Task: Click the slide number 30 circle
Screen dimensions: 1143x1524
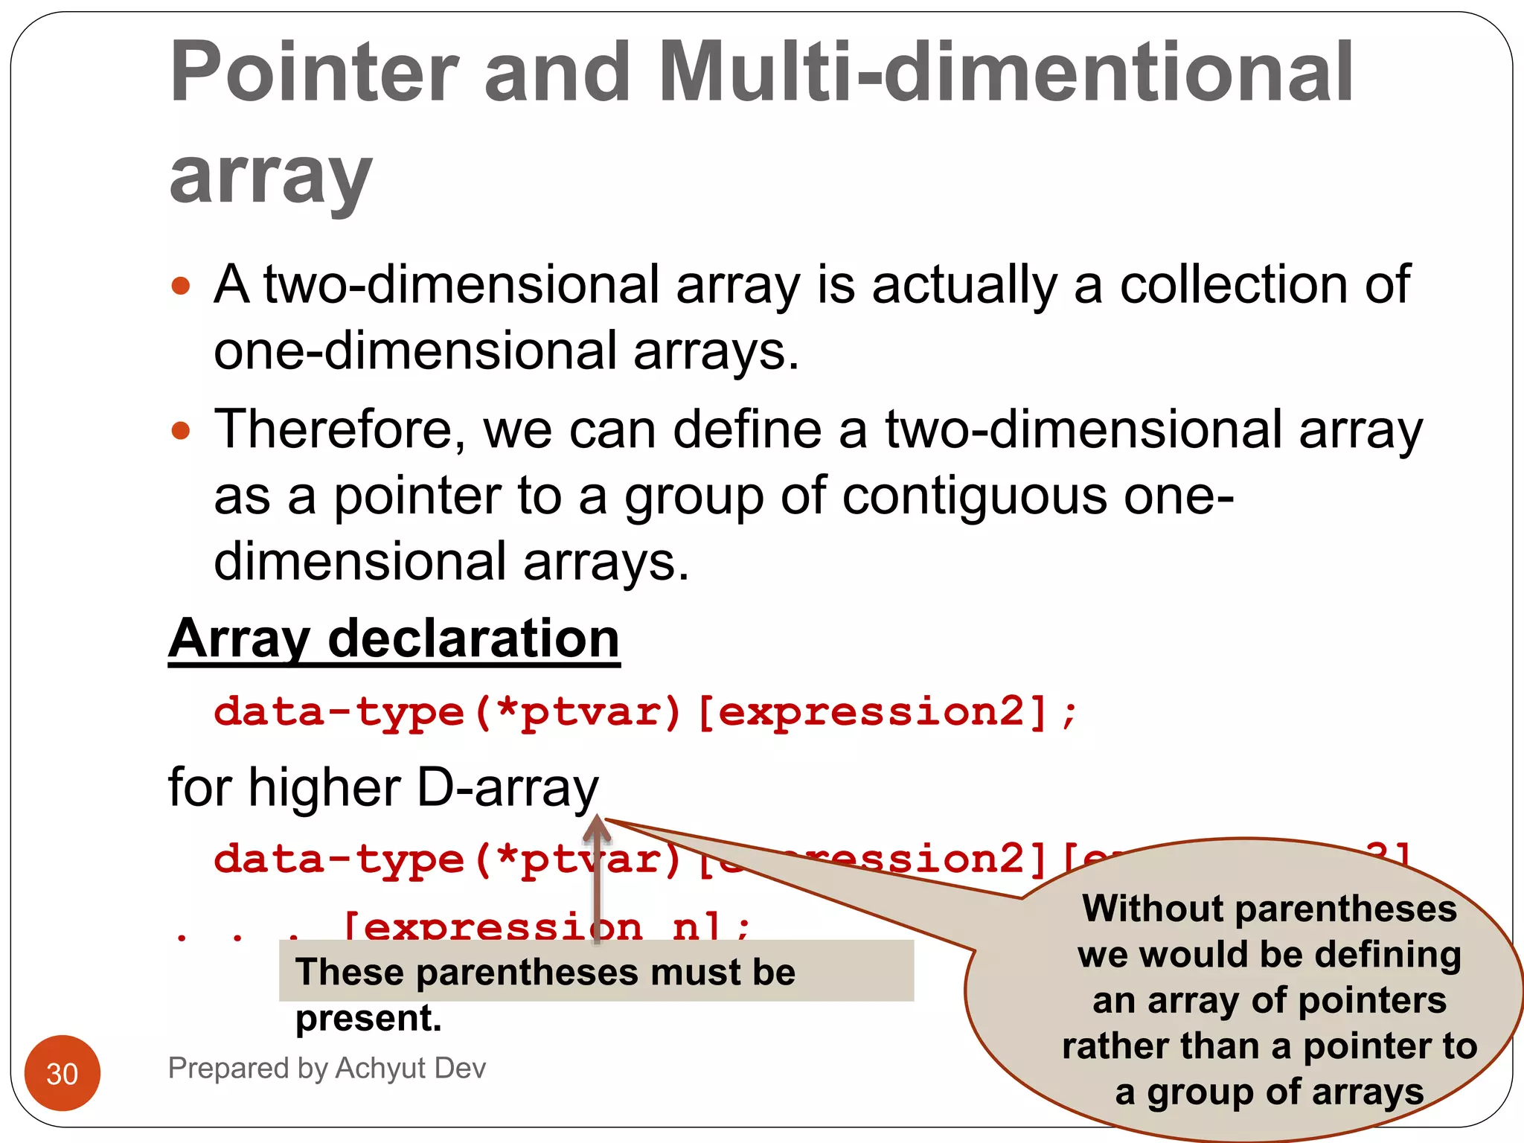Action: click(63, 1073)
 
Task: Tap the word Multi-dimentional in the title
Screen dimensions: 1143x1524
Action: click(1005, 73)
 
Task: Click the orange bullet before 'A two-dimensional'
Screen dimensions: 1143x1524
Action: click(181, 286)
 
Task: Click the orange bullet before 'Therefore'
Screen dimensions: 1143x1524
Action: click(181, 430)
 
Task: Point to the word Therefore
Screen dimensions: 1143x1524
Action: click(339, 430)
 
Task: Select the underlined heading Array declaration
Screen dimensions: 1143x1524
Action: click(394, 638)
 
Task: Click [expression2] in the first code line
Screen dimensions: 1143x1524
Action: click(874, 712)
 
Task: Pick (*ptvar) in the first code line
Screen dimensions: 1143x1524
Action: click(577, 712)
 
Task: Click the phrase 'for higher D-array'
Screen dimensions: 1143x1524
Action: click(383, 787)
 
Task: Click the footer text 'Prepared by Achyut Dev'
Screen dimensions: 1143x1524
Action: click(327, 1068)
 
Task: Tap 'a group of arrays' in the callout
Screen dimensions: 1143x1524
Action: click(1270, 1092)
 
